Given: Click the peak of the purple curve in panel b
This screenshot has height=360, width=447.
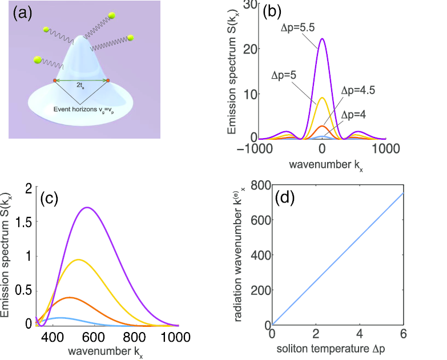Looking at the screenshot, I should pyautogui.click(x=323, y=39).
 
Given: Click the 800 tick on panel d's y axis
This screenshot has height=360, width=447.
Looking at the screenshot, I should pyautogui.click(x=257, y=185).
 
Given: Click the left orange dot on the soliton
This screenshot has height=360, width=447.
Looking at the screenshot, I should pyautogui.click(x=55, y=81).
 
